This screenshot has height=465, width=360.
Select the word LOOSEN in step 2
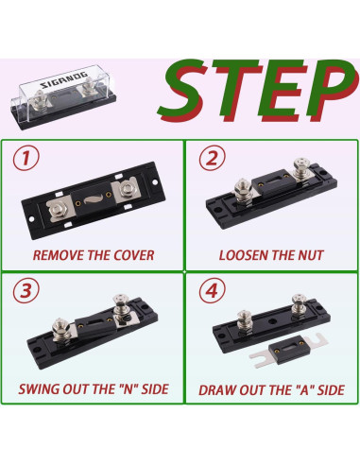pos(244,255)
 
